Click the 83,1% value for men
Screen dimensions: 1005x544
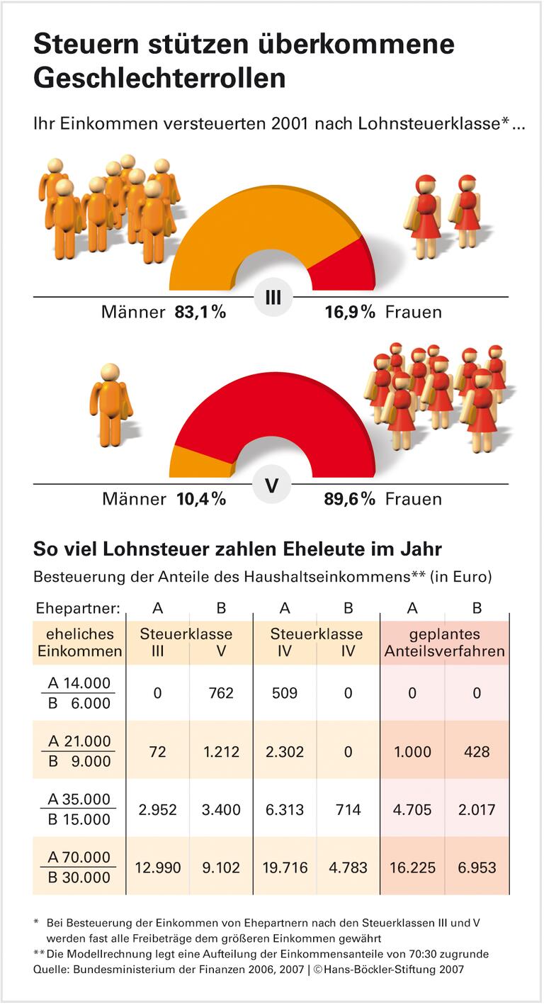[x=200, y=312]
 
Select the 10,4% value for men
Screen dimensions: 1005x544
[x=200, y=499]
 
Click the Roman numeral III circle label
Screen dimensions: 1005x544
[x=273, y=298]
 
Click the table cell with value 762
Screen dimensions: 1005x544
[x=221, y=692]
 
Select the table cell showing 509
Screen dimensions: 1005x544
[x=285, y=692]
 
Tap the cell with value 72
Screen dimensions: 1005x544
[x=157, y=751]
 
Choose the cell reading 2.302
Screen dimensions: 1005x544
[x=285, y=751]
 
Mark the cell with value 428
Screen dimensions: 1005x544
[x=476, y=751]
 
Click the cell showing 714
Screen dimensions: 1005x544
[x=348, y=809]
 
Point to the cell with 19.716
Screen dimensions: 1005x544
[x=285, y=867]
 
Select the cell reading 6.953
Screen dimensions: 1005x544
[x=476, y=867]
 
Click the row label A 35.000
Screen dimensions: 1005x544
[x=79, y=799]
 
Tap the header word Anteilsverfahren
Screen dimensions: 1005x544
[x=445, y=651]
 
